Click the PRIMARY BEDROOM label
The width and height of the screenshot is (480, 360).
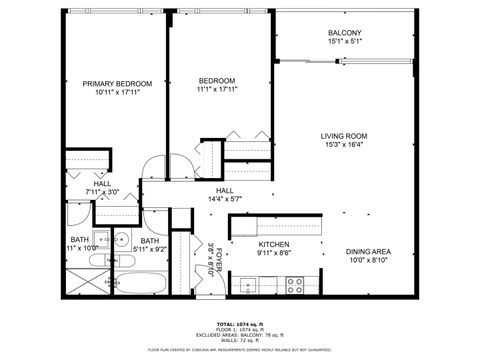pyautogui.click(x=116, y=83)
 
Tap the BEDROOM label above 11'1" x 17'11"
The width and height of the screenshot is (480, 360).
pyautogui.click(x=216, y=81)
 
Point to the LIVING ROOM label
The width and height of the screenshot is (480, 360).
pyautogui.click(x=344, y=136)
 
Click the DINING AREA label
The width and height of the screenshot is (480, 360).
pyautogui.click(x=368, y=252)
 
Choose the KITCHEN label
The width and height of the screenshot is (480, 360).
pyautogui.click(x=274, y=244)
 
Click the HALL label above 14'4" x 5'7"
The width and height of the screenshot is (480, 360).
pyautogui.click(x=225, y=190)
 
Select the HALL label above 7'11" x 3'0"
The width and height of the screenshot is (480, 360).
pyautogui.click(x=102, y=184)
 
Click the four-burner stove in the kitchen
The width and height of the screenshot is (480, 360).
pyautogui.click(x=296, y=284)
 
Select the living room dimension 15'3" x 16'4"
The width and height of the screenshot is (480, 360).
pyautogui.click(x=344, y=146)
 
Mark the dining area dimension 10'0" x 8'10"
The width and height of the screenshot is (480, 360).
pyautogui.click(x=368, y=261)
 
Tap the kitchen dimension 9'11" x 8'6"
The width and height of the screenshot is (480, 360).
pyautogui.click(x=274, y=253)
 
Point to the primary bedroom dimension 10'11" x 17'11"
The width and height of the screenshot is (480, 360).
pyautogui.click(x=116, y=92)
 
